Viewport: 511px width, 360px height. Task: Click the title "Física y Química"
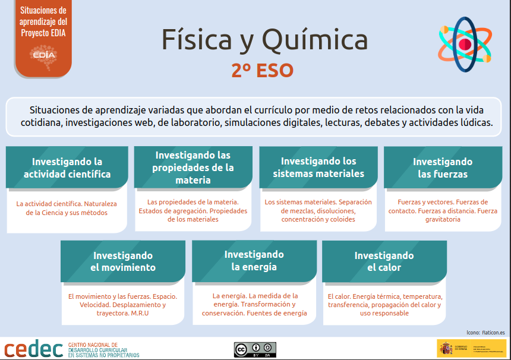(x=264, y=40)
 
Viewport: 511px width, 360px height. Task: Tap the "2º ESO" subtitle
(x=263, y=71)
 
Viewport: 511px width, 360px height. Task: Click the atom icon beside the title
(x=465, y=43)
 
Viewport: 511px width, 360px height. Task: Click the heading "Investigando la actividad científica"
(x=67, y=168)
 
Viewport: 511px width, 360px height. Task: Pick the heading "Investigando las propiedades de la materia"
(x=193, y=167)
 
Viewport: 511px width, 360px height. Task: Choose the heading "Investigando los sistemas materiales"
(x=318, y=167)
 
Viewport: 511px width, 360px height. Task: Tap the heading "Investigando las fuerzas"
(x=443, y=168)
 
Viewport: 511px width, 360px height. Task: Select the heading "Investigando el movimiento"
(x=123, y=261)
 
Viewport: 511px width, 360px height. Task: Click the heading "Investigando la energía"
(x=254, y=260)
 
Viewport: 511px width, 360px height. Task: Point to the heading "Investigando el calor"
(x=384, y=261)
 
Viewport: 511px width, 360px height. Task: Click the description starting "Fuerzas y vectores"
(x=443, y=210)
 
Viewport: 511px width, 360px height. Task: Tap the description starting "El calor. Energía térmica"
(x=384, y=304)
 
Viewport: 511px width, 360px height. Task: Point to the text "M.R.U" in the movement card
(x=140, y=313)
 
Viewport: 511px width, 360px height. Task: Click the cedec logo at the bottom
(x=34, y=349)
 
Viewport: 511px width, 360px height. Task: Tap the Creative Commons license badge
(x=255, y=349)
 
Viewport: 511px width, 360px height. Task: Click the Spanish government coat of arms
(x=444, y=347)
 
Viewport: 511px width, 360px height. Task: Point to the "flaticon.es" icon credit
(x=493, y=333)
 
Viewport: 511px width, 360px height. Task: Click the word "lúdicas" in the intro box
(x=474, y=123)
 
